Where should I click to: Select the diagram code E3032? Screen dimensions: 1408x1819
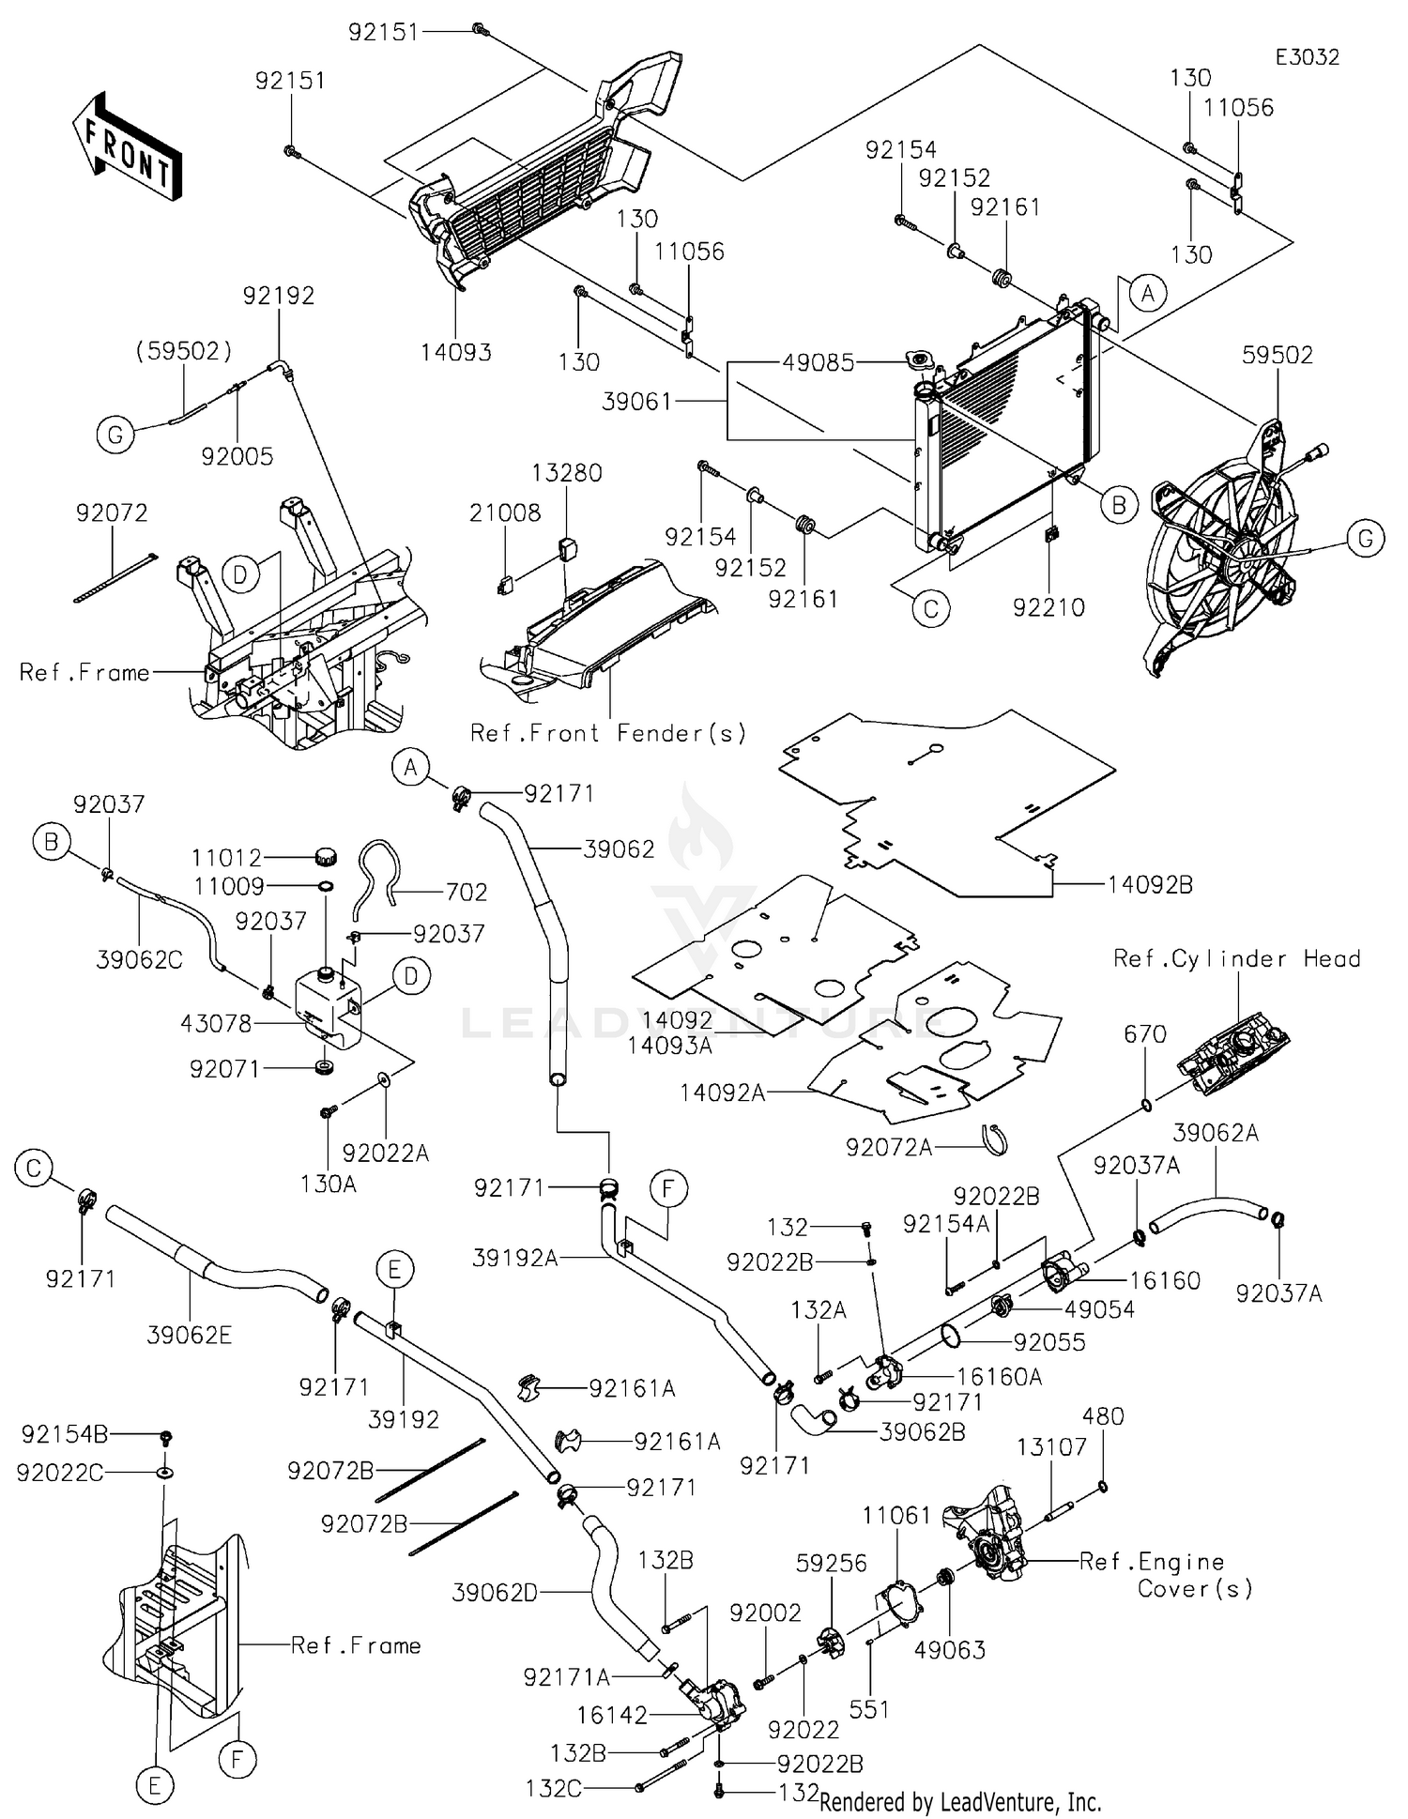click(1307, 57)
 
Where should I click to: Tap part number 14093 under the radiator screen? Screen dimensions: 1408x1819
click(456, 352)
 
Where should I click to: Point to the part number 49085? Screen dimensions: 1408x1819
click(819, 362)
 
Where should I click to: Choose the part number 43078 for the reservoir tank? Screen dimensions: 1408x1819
click(216, 1023)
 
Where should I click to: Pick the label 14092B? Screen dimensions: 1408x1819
click(1150, 884)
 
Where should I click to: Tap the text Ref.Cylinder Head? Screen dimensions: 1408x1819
click(1236, 958)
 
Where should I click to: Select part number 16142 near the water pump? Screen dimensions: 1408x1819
click(612, 1715)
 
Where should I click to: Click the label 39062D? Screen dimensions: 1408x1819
click(495, 1593)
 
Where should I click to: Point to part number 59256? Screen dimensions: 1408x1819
click(832, 1563)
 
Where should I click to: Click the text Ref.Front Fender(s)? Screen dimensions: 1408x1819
click(608, 732)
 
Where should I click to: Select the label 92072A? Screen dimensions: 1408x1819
click(889, 1147)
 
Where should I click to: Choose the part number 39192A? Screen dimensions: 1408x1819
click(515, 1258)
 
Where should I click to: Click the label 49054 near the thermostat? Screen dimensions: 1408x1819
click(1099, 1308)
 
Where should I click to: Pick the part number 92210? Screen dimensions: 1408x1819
click(1048, 607)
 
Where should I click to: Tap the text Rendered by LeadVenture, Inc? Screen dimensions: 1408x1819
click(960, 1802)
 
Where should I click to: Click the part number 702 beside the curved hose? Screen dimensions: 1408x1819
click(467, 892)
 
